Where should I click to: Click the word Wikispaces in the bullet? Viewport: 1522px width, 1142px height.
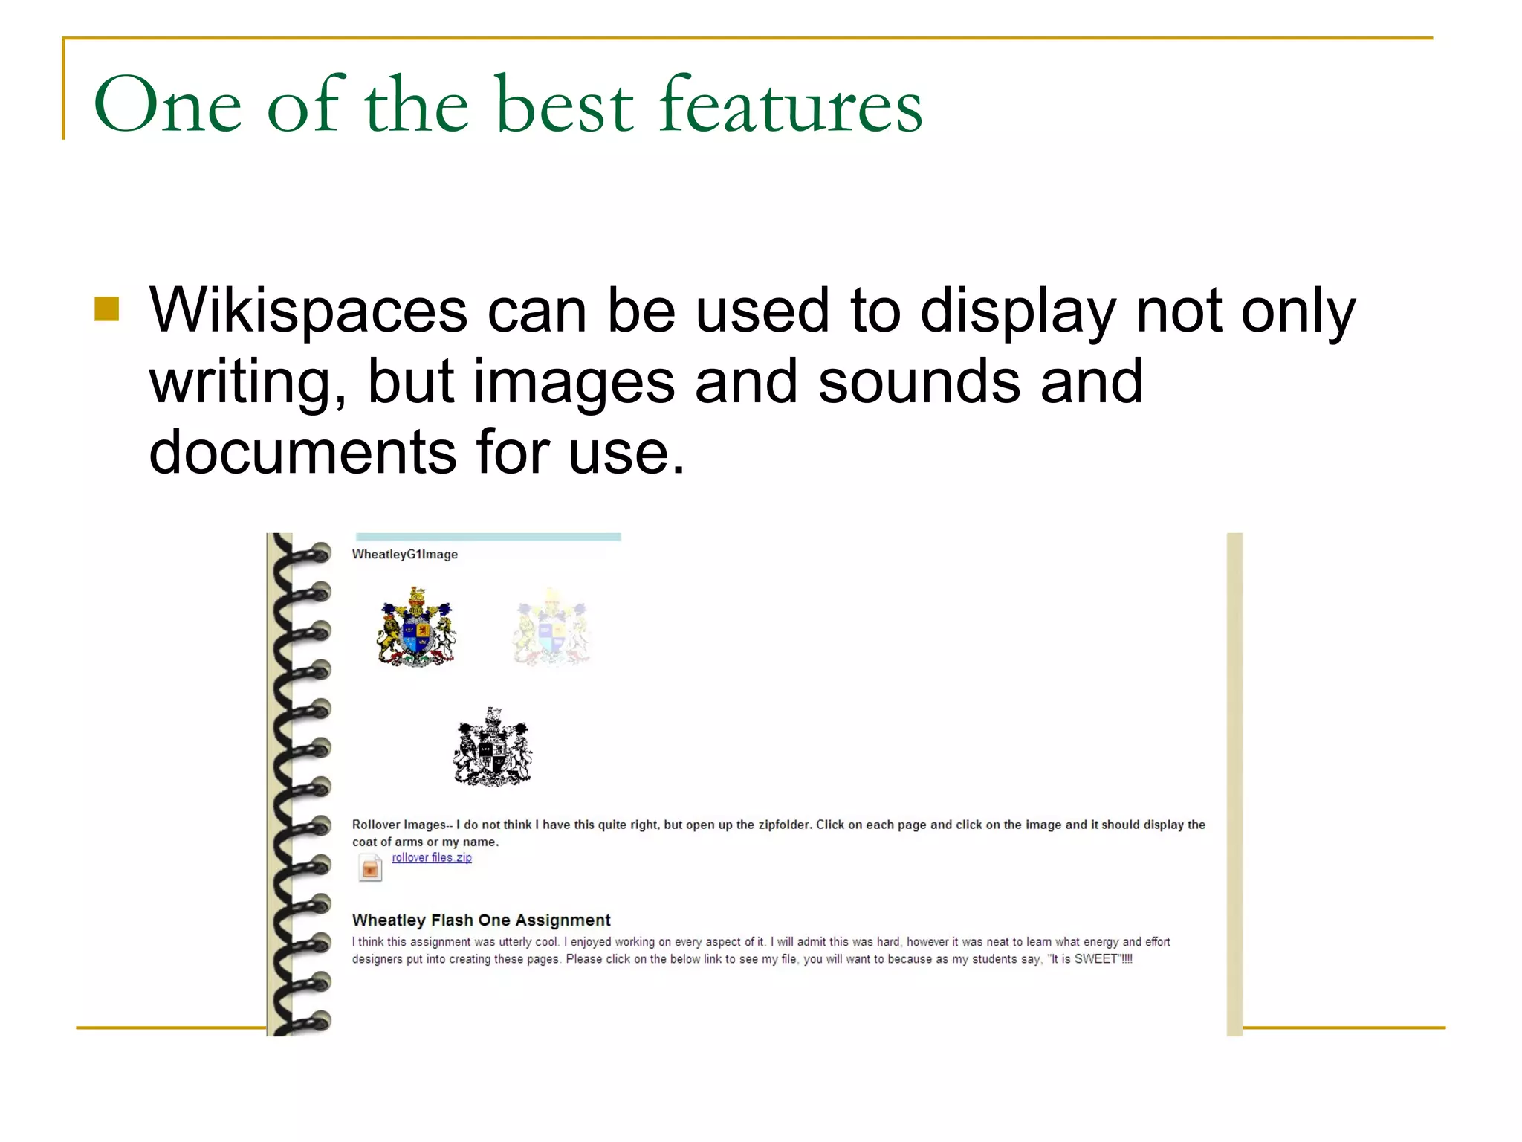click(308, 311)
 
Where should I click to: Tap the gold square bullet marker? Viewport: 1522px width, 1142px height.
click(107, 309)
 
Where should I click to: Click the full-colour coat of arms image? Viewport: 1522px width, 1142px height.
click(415, 627)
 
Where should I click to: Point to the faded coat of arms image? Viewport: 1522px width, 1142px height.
click(551, 627)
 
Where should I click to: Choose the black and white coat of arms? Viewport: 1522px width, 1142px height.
click(493, 747)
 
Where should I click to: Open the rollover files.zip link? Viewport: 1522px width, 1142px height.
click(432, 857)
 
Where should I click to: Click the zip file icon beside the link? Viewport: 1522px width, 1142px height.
click(370, 867)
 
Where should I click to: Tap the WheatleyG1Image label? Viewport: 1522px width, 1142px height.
click(404, 554)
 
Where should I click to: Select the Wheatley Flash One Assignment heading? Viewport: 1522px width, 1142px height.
click(481, 920)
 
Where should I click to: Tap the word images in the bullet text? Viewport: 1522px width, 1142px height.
click(574, 381)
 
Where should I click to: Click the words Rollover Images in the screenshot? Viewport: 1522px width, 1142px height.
click(399, 825)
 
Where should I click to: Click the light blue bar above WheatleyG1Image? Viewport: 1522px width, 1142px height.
click(488, 537)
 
